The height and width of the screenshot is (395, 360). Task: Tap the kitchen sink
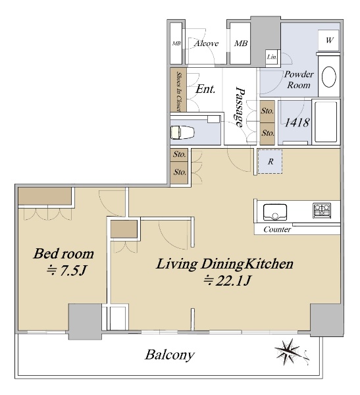click(275, 211)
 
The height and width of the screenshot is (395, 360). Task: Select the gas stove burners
click(322, 211)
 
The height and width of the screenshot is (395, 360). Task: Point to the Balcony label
click(170, 355)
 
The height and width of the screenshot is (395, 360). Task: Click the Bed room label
click(63, 253)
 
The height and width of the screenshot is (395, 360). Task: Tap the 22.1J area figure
click(227, 280)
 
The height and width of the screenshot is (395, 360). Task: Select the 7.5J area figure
click(66, 271)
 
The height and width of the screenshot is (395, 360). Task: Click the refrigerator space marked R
click(270, 161)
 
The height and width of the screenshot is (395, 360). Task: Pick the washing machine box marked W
click(329, 40)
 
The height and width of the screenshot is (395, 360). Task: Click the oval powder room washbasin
click(329, 76)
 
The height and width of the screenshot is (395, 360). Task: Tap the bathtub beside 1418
click(326, 122)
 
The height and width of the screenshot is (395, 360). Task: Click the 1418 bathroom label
click(297, 122)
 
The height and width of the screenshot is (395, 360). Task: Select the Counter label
click(277, 230)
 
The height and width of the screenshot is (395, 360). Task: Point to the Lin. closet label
click(272, 57)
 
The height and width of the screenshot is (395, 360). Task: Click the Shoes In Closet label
click(179, 92)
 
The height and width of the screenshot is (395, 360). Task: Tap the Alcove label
click(206, 43)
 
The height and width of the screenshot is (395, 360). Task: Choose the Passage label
click(240, 107)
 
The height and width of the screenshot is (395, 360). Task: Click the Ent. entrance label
click(205, 89)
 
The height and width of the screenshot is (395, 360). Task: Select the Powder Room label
click(299, 80)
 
